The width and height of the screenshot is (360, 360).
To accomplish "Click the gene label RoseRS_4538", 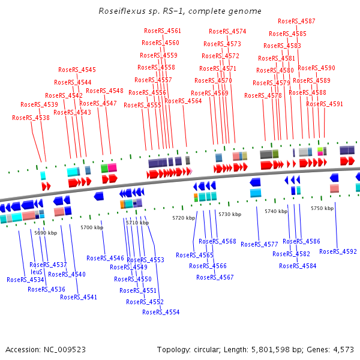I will point(31,118).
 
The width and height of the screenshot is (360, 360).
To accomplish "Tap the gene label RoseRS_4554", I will point(161,312).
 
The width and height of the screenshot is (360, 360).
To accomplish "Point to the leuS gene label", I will point(37,272).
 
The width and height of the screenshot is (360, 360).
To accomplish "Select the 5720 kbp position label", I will point(184,218).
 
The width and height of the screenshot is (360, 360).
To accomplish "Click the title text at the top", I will point(179,11).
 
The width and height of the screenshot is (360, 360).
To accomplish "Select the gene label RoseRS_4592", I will point(338,251).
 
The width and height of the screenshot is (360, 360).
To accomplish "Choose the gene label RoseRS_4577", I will point(259,244).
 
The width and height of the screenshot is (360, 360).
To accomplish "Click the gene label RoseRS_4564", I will point(183,101).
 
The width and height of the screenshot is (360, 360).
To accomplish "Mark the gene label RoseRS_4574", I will point(227,31).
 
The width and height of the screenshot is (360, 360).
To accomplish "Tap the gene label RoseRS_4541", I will point(79,297).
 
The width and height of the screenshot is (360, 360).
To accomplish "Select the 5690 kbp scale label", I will point(45,232).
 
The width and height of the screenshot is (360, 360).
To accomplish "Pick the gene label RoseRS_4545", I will point(77,70).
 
